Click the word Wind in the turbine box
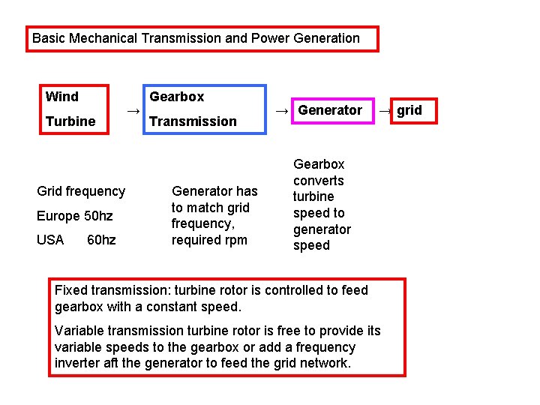tap(61, 97)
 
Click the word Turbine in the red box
tap(70, 121)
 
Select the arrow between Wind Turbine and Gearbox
tap(133, 111)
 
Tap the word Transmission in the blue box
tap(193, 121)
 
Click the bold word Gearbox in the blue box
tap(176, 97)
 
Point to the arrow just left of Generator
tap(281, 111)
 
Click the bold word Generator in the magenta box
tap(330, 110)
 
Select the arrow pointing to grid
tap(384, 111)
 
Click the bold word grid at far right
tap(409, 110)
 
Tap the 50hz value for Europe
tap(98, 216)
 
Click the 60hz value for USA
tap(101, 241)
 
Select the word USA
tap(50, 241)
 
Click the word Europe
tap(58, 216)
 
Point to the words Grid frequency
tap(81, 191)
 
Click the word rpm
tap(231, 240)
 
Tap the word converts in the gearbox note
tap(319, 181)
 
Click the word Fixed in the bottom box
tap(71, 290)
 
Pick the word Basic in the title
tap(49, 38)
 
